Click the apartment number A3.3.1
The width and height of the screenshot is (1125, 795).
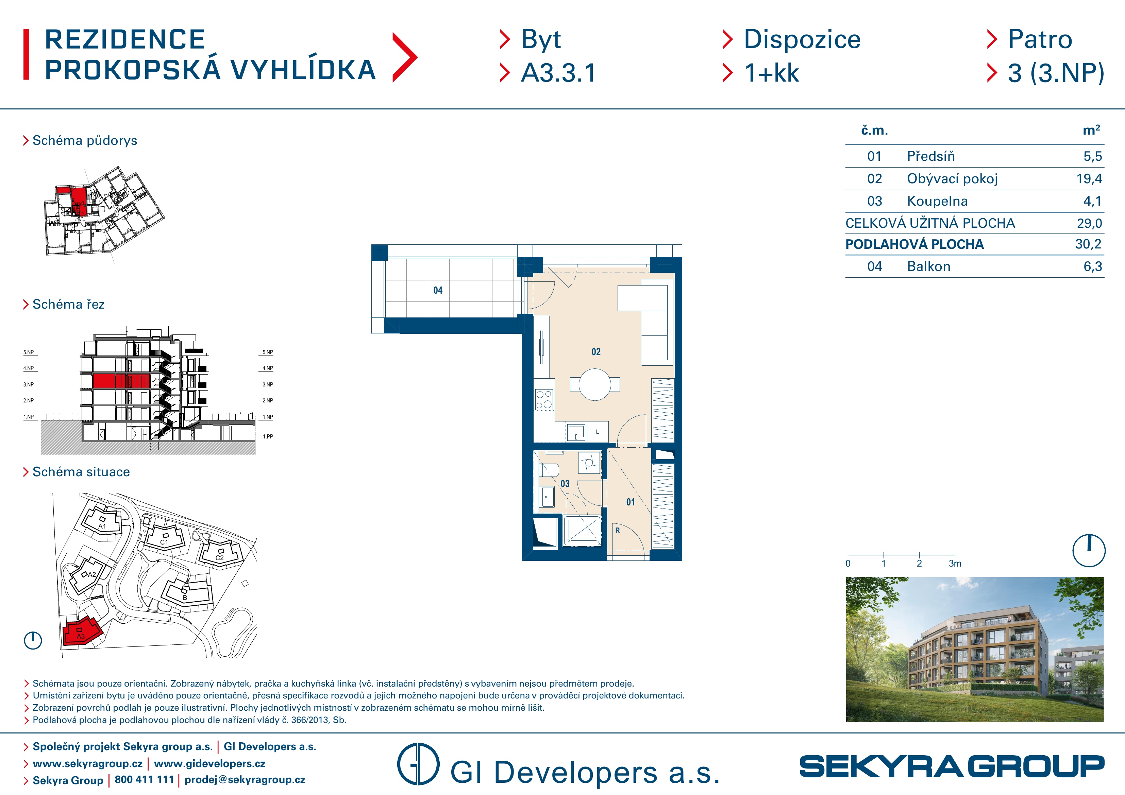pos(558,73)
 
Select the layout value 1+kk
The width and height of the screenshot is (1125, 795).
pos(772,73)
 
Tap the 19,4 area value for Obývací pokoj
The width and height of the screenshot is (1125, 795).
pos(1089,179)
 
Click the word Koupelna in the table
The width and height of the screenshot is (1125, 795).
pos(937,201)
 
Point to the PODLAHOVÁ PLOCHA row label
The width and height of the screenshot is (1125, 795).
pos(914,244)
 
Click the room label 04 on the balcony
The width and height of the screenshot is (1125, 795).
pos(438,291)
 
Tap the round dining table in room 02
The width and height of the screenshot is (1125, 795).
pos(595,384)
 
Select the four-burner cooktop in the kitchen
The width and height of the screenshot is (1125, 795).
pos(544,399)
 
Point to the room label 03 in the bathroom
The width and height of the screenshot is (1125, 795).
pos(565,484)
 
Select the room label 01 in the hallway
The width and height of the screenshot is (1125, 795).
pos(630,502)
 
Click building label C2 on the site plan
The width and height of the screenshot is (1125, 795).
pos(219,558)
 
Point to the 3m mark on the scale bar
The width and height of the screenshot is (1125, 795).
pos(955,563)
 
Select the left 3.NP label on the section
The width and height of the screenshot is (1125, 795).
pos(29,384)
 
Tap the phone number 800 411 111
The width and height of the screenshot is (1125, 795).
pos(144,779)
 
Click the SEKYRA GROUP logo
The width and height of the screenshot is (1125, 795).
pos(952,766)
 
